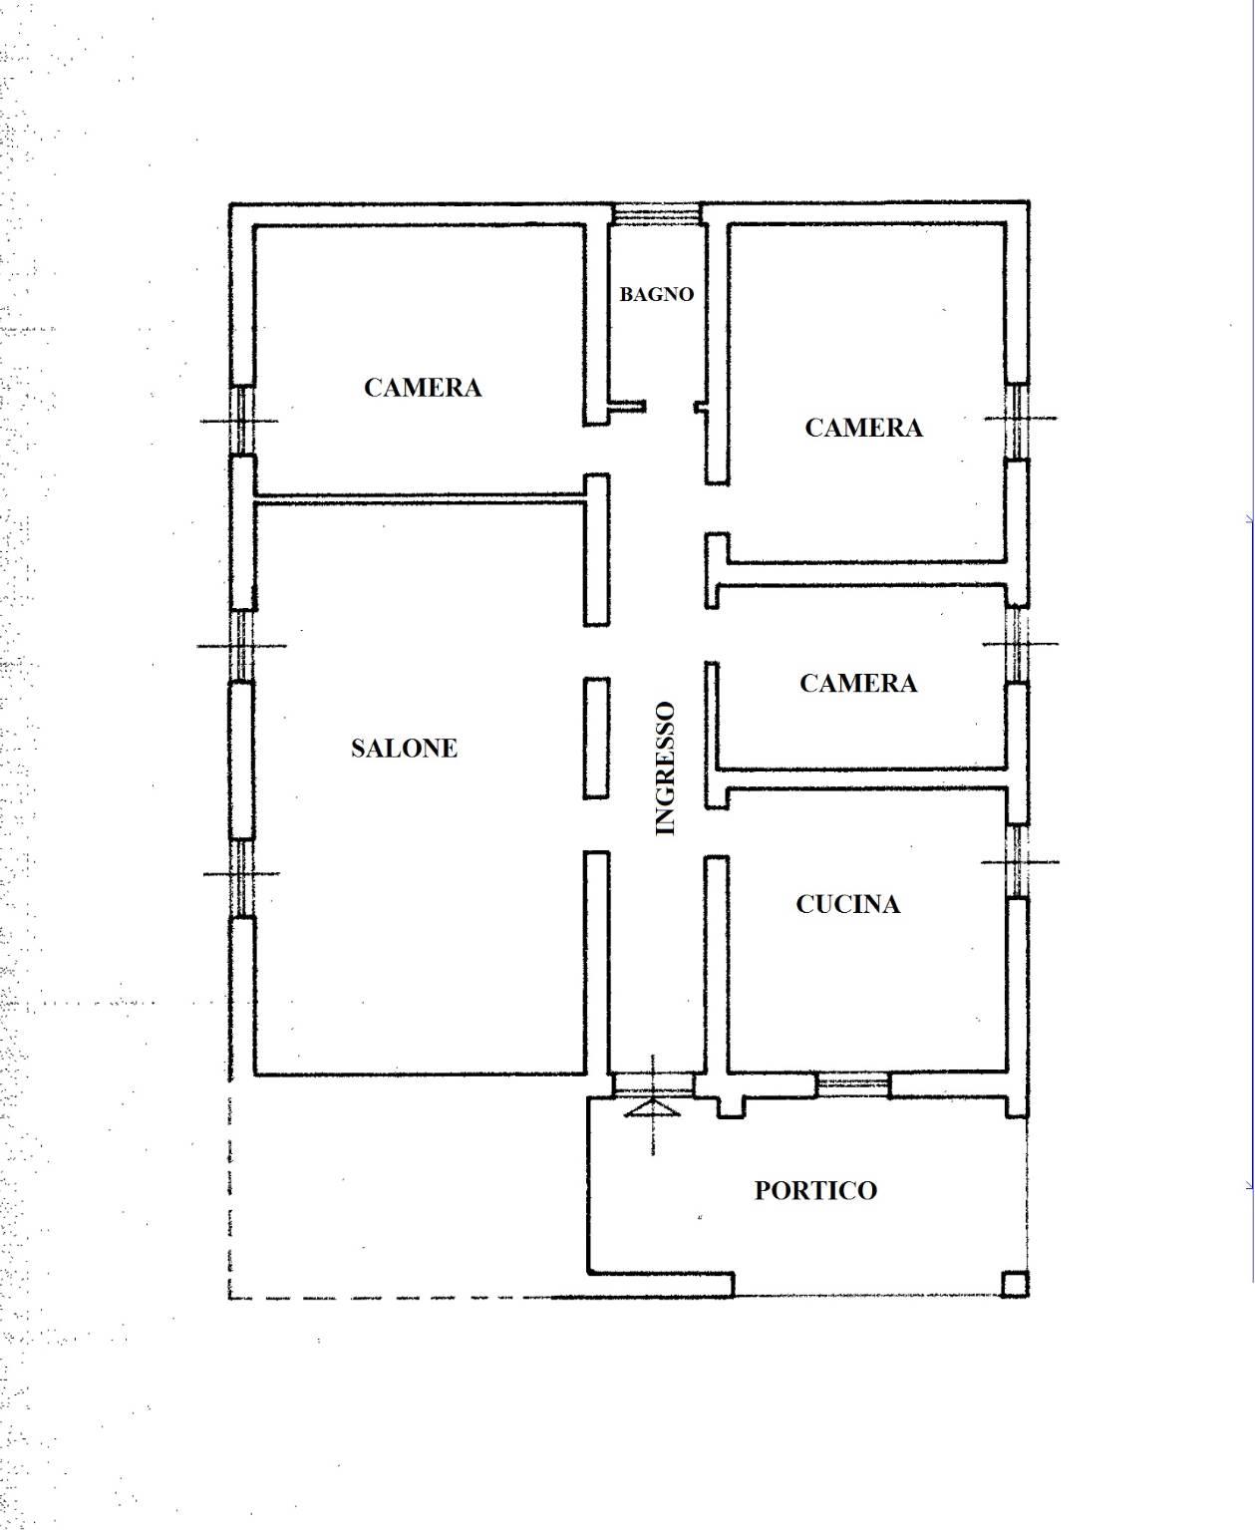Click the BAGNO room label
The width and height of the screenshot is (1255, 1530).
pyautogui.click(x=657, y=294)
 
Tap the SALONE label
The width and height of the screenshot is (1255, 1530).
pyautogui.click(x=404, y=748)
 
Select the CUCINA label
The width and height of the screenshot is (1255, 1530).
pyautogui.click(x=848, y=904)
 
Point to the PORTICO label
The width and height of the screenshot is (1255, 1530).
pyautogui.click(x=815, y=1190)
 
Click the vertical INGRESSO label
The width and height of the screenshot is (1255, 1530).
pyautogui.click(x=665, y=768)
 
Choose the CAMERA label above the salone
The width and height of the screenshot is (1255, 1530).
pyautogui.click(x=423, y=388)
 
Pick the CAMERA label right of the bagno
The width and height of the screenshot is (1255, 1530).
pyautogui.click(x=864, y=428)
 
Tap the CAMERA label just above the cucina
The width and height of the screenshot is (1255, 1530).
pyautogui.click(x=858, y=684)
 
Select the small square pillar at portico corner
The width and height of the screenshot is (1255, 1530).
pyautogui.click(x=1015, y=1284)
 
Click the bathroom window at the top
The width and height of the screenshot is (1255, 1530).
pyautogui.click(x=657, y=214)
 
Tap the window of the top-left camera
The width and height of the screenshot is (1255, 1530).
pyautogui.click(x=241, y=421)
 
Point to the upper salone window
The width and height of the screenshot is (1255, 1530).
pyautogui.click(x=241, y=646)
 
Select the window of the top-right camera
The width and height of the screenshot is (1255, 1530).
pyautogui.click(x=1018, y=420)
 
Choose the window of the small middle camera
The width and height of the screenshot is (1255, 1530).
pyautogui.click(x=1018, y=644)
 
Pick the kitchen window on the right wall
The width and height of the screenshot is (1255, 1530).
pyautogui.click(x=1018, y=861)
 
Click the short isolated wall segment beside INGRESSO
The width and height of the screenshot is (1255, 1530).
pyautogui.click(x=596, y=739)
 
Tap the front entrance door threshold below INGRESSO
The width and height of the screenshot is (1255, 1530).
pyautogui.click(x=652, y=1083)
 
